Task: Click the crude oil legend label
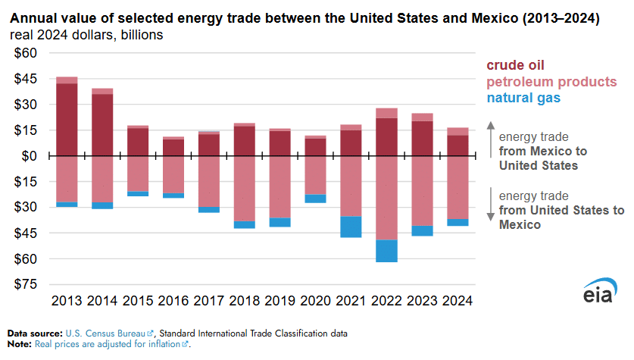(x=515, y=66)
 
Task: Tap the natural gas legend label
(x=523, y=98)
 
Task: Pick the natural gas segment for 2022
(x=386, y=251)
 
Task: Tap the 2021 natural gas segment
(x=351, y=227)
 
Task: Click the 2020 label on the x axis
(x=315, y=301)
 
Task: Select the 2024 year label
(x=457, y=301)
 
